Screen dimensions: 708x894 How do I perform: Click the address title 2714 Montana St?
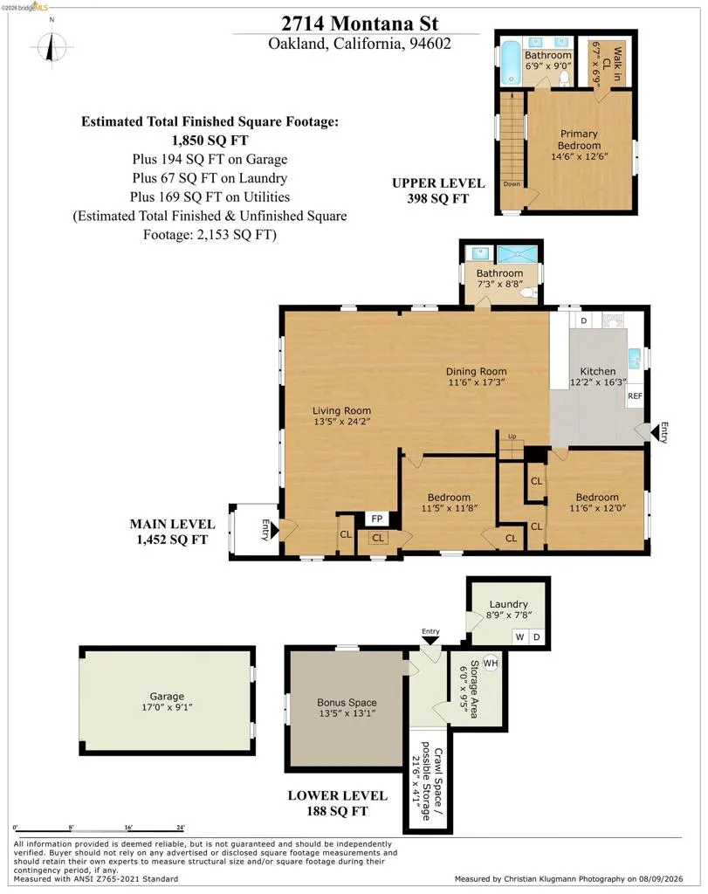coord(360,24)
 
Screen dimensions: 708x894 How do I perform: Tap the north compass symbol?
coord(52,46)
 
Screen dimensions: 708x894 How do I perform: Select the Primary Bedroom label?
coord(579,139)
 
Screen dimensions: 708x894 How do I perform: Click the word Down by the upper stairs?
coord(512,184)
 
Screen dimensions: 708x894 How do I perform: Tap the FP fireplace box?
coord(377,519)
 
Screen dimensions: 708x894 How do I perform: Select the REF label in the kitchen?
coord(635,395)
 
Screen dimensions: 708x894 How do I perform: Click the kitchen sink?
coord(634,359)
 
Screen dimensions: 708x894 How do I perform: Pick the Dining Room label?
coord(476,371)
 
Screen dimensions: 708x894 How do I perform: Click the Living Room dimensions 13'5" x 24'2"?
coord(342,422)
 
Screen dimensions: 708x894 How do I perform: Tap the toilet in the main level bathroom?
coord(530,293)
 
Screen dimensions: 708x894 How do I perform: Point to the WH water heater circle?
coord(491,663)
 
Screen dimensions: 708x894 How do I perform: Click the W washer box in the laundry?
coord(520,636)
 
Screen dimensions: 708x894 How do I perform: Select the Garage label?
coord(167,696)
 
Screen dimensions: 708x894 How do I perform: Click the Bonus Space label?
coord(347,703)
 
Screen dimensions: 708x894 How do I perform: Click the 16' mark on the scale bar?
coord(127,827)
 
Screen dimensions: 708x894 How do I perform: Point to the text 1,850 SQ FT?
coord(210,141)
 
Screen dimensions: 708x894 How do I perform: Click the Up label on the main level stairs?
coord(512,437)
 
